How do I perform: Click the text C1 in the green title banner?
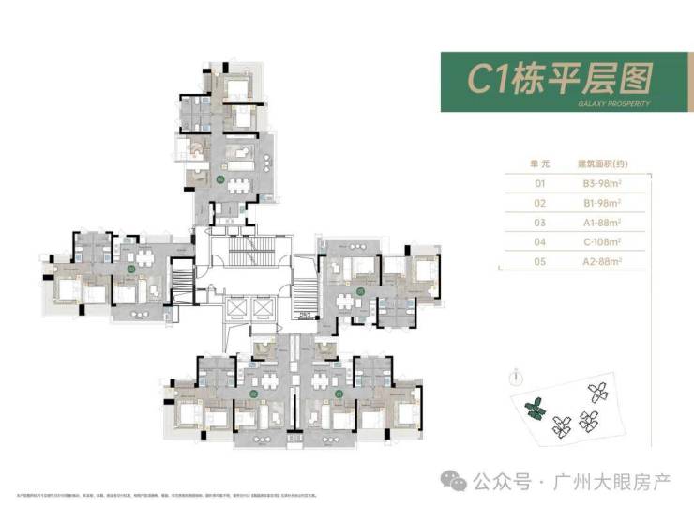[486, 81]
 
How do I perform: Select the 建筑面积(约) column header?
[600, 163]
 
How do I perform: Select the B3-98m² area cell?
[600, 185]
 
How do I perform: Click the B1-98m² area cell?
[600, 203]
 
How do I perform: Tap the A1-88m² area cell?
[600, 221]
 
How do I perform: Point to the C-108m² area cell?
[600, 240]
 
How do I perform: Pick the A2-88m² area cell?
[600, 258]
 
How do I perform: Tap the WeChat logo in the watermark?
[457, 481]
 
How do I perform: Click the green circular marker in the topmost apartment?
[219, 178]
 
